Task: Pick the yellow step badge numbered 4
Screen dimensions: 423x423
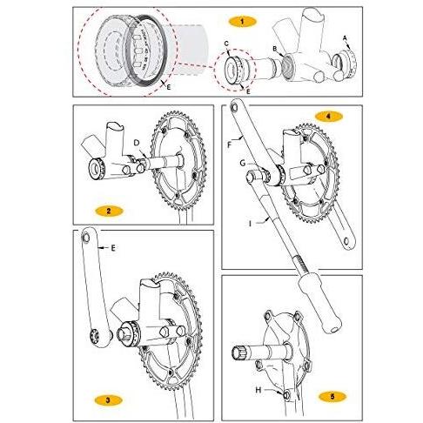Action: (x=326, y=115)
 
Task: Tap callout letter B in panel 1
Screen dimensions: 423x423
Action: (x=274, y=50)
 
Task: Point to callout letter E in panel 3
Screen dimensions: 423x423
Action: (x=113, y=248)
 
